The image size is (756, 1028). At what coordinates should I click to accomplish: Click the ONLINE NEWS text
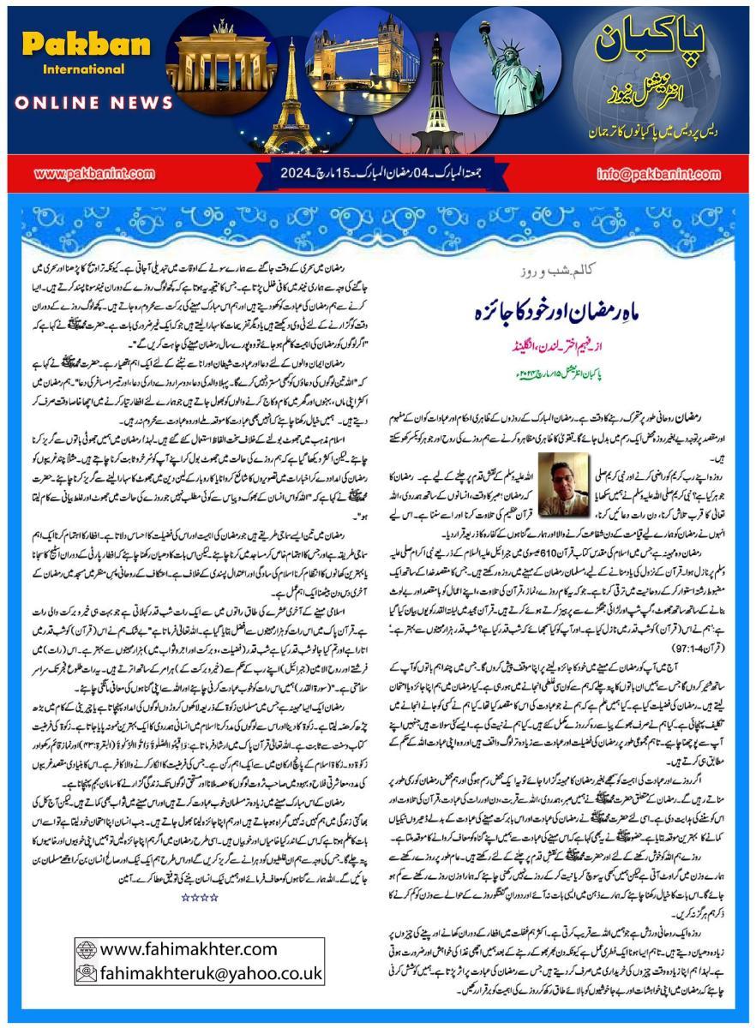93,103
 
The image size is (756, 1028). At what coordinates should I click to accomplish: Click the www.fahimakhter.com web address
189,949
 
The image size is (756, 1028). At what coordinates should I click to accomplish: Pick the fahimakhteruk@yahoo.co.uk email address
211,973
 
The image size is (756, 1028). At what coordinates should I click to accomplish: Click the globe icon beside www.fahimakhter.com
87,949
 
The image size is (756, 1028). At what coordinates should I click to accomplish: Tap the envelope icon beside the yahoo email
87,973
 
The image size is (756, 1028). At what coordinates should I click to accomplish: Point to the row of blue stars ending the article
199,897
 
